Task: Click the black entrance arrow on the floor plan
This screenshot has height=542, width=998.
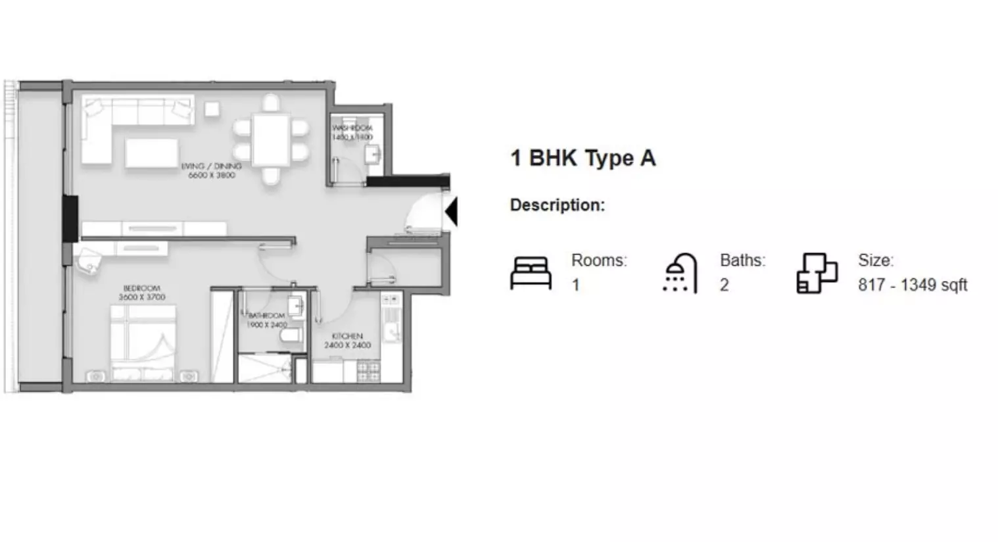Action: pyautogui.click(x=452, y=212)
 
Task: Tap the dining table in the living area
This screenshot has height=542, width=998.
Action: pyautogui.click(x=271, y=139)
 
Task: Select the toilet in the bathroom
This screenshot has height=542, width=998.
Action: pyautogui.click(x=290, y=337)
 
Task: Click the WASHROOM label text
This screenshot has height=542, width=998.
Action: pyautogui.click(x=352, y=128)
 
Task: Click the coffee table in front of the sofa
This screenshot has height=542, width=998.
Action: pyautogui.click(x=151, y=152)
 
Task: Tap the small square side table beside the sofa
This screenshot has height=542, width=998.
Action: pyautogui.click(x=212, y=109)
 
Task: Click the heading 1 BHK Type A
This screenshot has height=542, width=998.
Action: pyautogui.click(x=582, y=158)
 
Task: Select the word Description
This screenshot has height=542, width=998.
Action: pyautogui.click(x=557, y=205)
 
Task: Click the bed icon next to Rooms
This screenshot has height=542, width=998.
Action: pyautogui.click(x=531, y=273)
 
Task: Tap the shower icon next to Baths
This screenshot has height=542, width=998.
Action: pyautogui.click(x=680, y=273)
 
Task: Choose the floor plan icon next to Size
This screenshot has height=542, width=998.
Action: pyautogui.click(x=817, y=273)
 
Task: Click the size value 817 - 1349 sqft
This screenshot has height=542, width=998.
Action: pyautogui.click(x=912, y=285)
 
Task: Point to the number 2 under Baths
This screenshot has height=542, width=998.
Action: pyautogui.click(x=724, y=285)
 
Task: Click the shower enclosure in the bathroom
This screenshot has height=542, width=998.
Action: pyautogui.click(x=264, y=368)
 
